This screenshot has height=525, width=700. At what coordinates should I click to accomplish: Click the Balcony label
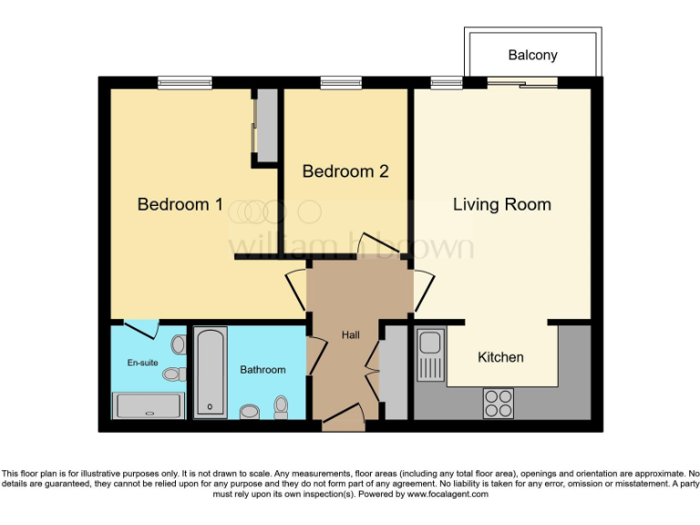[x=532, y=56]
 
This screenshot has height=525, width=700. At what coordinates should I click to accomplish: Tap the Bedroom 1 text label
[x=180, y=204]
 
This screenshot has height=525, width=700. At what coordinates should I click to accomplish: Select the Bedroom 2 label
[x=345, y=171]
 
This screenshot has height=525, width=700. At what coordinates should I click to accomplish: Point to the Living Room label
[x=501, y=204]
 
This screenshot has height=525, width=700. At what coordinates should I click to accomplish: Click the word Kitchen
[x=500, y=357]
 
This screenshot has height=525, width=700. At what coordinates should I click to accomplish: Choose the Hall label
[x=350, y=335]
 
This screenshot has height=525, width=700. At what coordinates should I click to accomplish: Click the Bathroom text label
[x=262, y=370]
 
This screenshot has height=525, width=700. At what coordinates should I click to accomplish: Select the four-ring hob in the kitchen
[x=498, y=402]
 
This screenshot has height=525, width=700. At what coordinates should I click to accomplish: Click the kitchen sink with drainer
[x=430, y=356]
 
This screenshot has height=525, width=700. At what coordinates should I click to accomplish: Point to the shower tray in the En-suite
[x=147, y=404]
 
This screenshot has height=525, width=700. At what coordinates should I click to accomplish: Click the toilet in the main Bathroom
[x=281, y=407]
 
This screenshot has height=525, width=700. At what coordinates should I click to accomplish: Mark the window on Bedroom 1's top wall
[x=184, y=83]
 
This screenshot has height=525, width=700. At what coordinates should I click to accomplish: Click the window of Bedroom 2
[x=338, y=83]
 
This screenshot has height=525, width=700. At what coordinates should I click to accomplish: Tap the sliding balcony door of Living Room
[x=522, y=83]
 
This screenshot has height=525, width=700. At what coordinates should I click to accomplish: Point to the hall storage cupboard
[x=393, y=375]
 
